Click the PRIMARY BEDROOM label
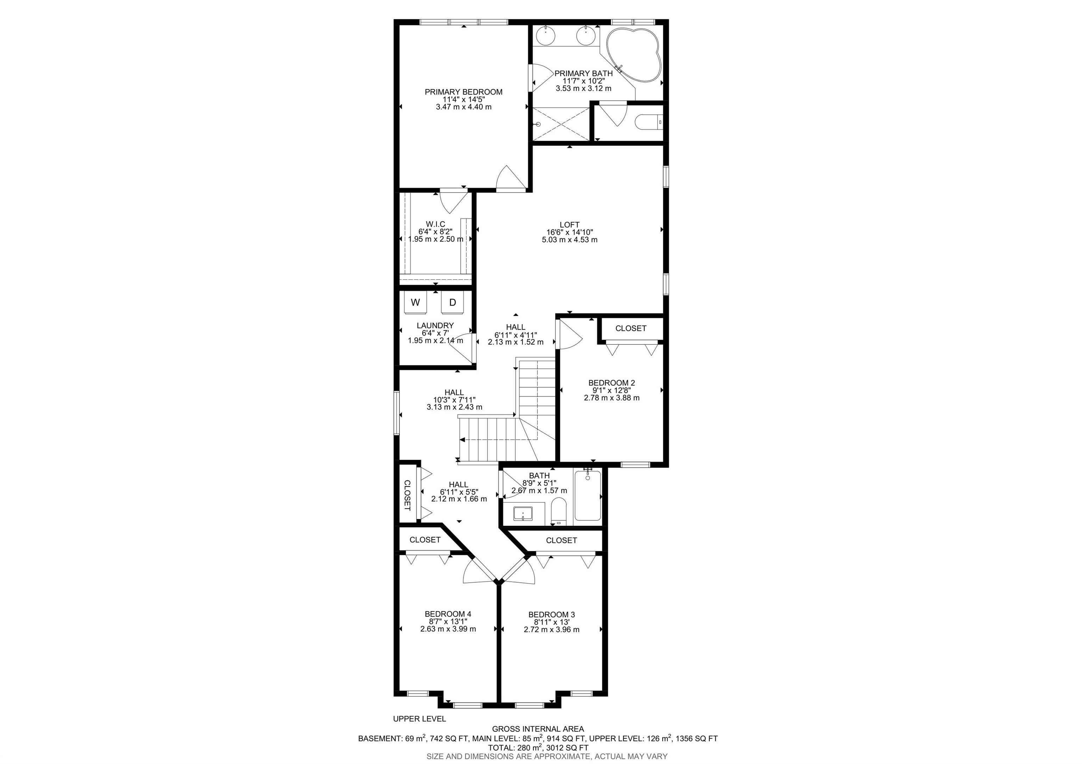click(x=463, y=92)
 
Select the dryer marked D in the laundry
click(x=452, y=302)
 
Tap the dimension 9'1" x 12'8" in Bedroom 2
click(x=611, y=390)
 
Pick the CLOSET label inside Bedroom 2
click(x=630, y=328)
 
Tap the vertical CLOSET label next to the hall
click(x=407, y=495)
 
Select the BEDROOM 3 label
click(x=551, y=614)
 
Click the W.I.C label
click(x=435, y=224)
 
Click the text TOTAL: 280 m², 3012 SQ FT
click(x=538, y=747)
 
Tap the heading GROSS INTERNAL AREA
click(x=538, y=729)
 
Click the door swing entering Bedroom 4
click(x=477, y=574)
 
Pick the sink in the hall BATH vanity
click(x=523, y=513)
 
